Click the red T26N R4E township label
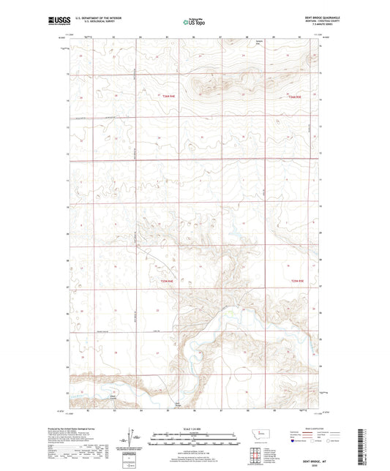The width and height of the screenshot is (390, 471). click(169, 95)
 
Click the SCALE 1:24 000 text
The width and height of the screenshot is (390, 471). click(195, 429)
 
